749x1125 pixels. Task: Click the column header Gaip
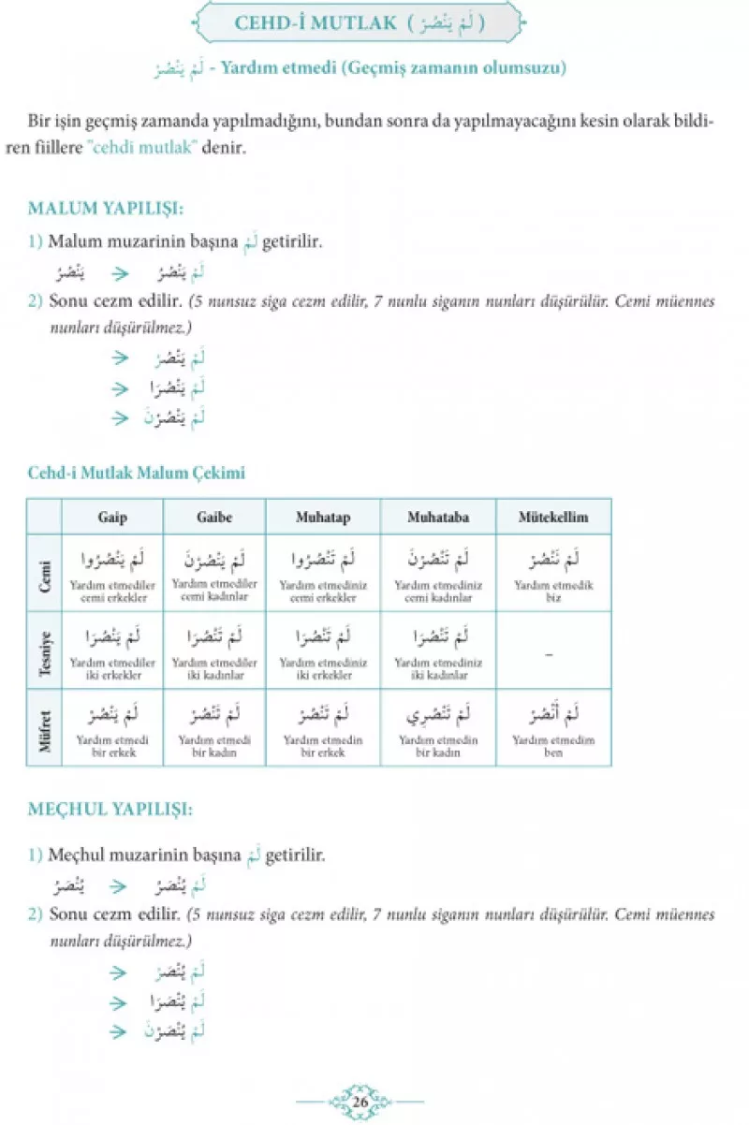point(112,517)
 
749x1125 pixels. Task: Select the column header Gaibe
point(214,517)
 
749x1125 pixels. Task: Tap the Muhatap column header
point(323,517)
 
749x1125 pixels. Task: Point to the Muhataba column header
point(437,517)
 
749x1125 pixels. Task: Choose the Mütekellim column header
point(553,517)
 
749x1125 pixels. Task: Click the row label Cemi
point(43,572)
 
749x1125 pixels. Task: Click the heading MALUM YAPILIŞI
point(105,208)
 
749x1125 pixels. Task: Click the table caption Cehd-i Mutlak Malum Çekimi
point(136,473)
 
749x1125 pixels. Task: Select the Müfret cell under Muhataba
point(437,730)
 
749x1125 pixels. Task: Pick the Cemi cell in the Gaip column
point(112,572)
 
